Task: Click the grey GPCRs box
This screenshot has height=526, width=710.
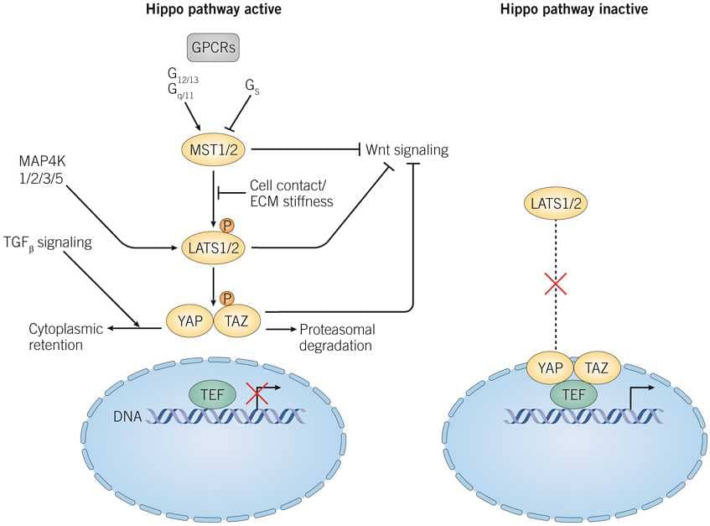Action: (x=212, y=48)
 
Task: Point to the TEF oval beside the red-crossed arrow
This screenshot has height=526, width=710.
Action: (x=212, y=393)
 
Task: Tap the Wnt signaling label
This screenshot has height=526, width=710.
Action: (x=407, y=150)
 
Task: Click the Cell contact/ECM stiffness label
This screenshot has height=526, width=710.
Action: (x=290, y=193)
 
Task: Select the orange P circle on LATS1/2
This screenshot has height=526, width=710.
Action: (x=226, y=226)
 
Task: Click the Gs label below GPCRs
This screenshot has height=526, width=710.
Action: (x=251, y=86)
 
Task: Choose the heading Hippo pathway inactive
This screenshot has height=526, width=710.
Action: (x=573, y=10)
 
